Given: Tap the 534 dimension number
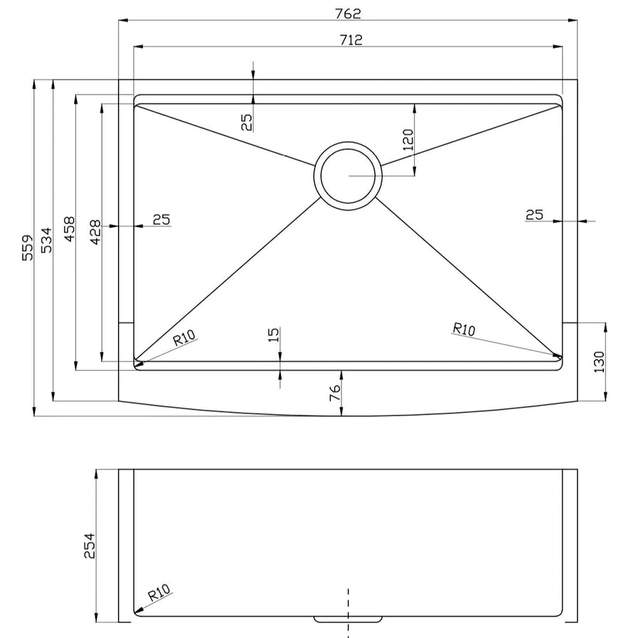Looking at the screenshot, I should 46,240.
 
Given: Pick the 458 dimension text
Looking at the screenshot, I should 69,230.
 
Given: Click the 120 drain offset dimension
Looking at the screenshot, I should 408,139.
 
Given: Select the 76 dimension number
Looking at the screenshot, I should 335,393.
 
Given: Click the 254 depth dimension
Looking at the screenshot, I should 89,545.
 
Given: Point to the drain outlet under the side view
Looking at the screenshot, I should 348,620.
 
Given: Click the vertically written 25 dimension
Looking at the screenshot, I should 247,122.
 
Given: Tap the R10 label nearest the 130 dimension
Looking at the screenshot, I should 464,329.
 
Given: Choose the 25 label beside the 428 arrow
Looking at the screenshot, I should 161,220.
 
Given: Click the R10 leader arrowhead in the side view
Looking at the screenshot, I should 138,610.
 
